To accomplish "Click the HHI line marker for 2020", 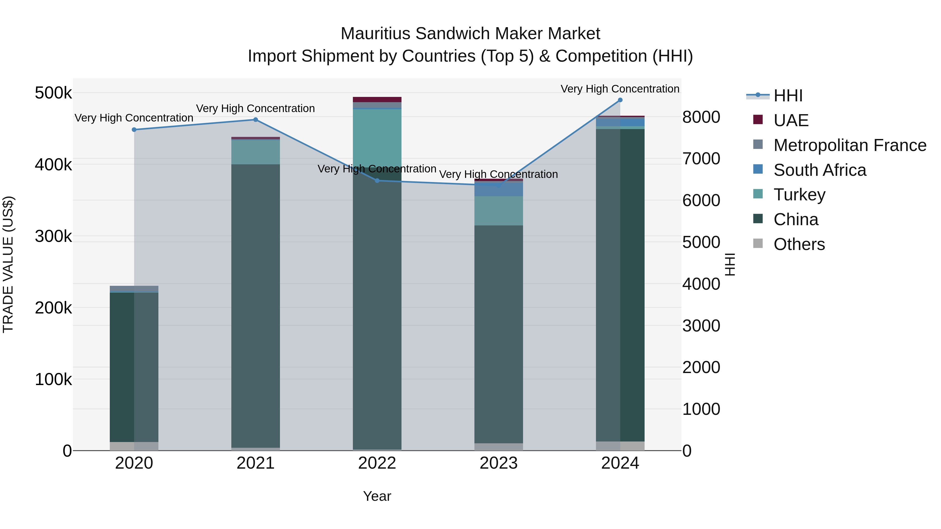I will pos(134,130).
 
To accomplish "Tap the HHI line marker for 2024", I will pos(620,100).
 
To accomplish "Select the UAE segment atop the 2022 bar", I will pos(377,100).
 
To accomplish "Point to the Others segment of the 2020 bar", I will pos(134,446).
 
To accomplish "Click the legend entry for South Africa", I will pos(819,170).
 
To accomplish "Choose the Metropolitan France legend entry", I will pos(850,145).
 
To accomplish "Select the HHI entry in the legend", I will pos(788,96).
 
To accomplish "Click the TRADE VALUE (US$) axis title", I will pos(8,264).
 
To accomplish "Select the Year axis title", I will pos(377,496).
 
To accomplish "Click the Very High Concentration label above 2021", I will pos(255,108).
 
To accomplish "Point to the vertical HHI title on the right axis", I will pos(730,264).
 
